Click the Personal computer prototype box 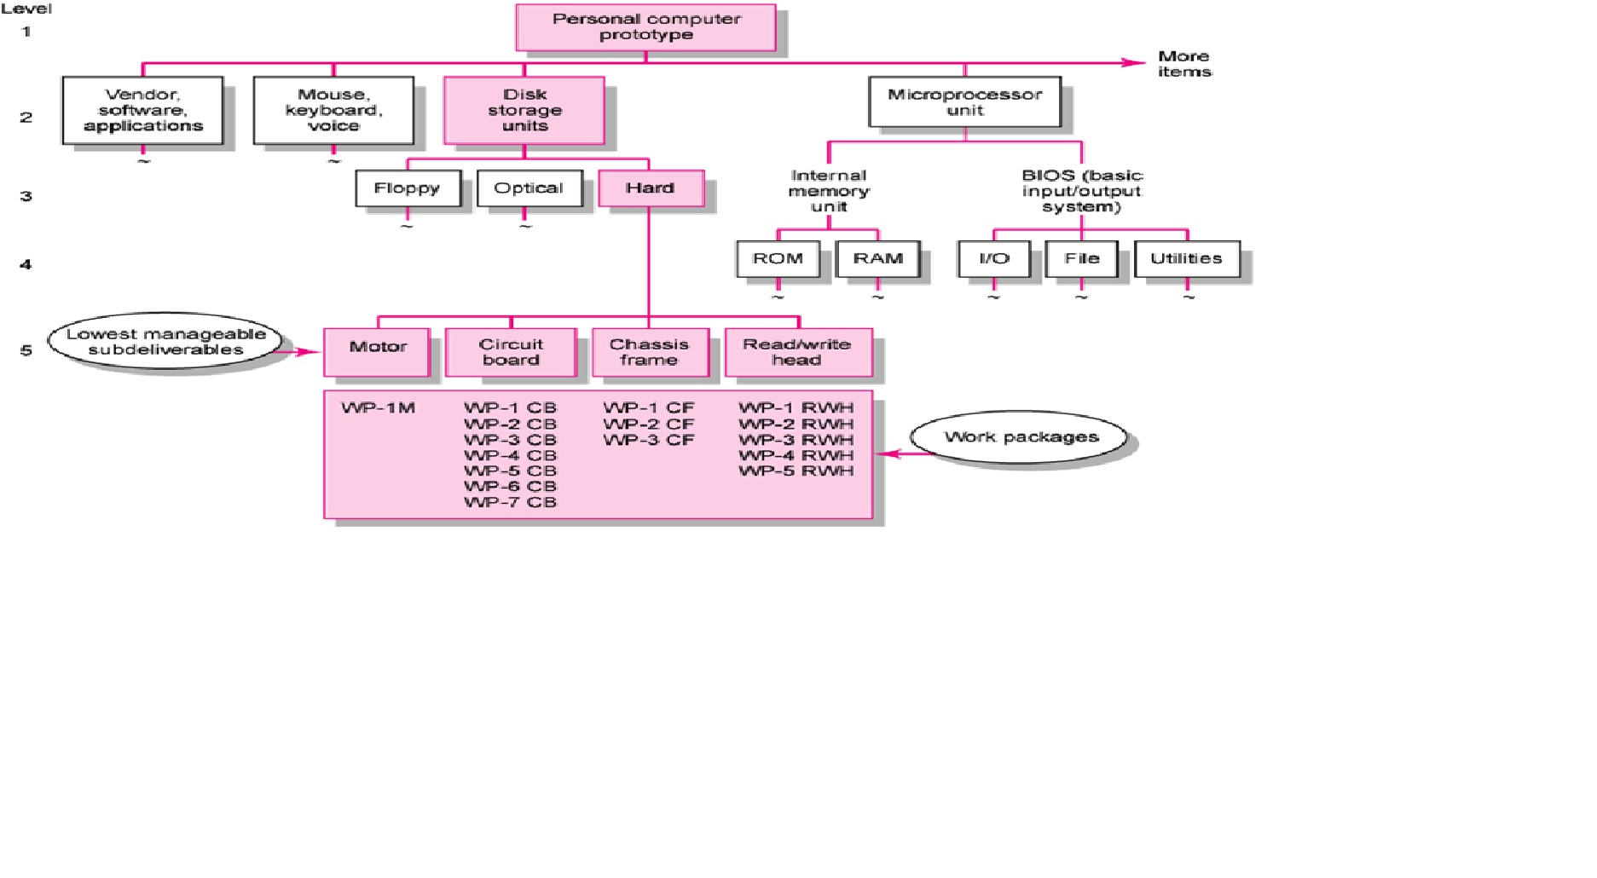[x=645, y=27]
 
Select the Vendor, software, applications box [x=142, y=111]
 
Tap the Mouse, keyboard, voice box [x=333, y=111]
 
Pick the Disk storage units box [x=524, y=111]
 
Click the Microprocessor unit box [x=964, y=102]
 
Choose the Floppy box [x=408, y=188]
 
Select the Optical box [x=529, y=188]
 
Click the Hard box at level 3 [x=651, y=188]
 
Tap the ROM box [x=778, y=259]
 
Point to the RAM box [x=877, y=259]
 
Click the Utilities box [x=1186, y=259]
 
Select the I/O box [x=993, y=259]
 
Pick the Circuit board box [x=511, y=352]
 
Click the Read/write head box [x=798, y=352]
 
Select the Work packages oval [x=1021, y=437]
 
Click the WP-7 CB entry [x=510, y=503]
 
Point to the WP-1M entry [x=378, y=408]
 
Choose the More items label [x=1183, y=64]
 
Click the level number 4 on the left [x=26, y=265]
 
